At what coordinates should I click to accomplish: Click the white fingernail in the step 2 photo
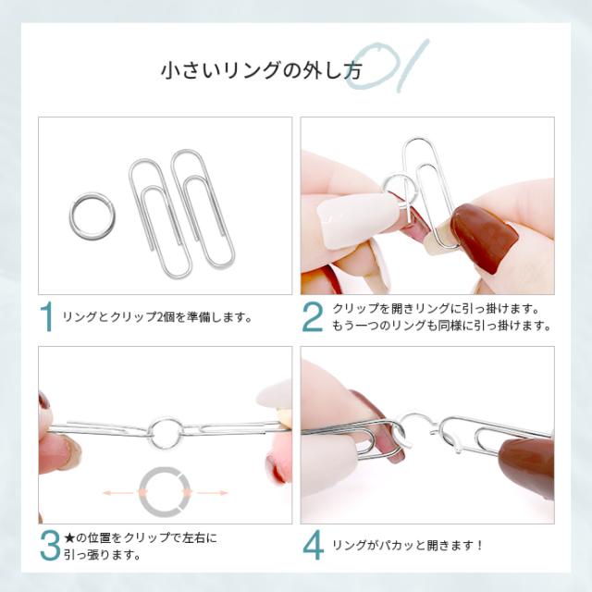(343, 220)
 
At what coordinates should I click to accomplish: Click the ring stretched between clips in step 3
(164, 429)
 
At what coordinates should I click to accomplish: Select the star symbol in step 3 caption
(69, 536)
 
